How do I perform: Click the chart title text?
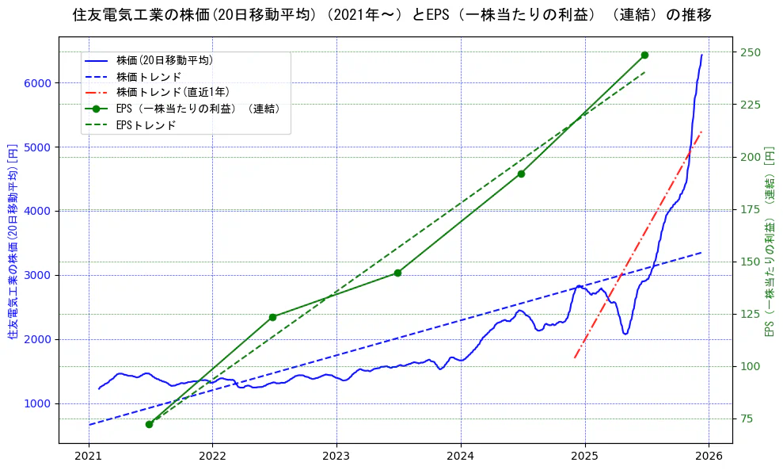[391, 15]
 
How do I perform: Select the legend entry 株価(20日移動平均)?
[164, 60]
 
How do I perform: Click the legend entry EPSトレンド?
[146, 125]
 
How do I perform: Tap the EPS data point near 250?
[644, 55]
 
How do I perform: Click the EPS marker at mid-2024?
[521, 174]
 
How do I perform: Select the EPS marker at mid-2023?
[397, 273]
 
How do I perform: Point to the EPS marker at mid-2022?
[272, 317]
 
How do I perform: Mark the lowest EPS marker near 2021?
[149, 424]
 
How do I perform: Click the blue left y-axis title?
[13, 242]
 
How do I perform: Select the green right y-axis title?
[770, 242]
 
